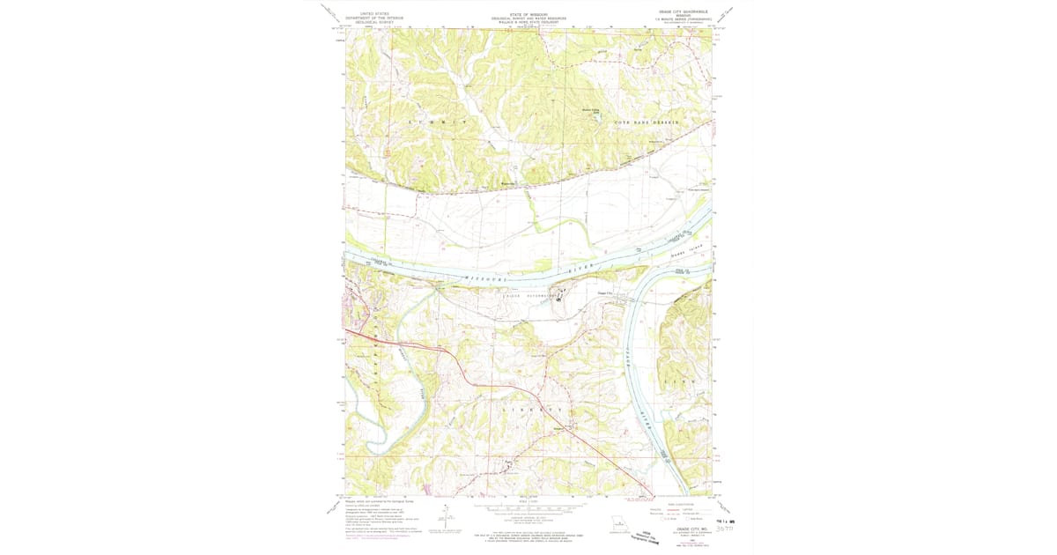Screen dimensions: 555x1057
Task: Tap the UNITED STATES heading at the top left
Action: point(367,13)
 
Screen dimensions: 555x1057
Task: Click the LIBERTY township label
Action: point(532,411)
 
